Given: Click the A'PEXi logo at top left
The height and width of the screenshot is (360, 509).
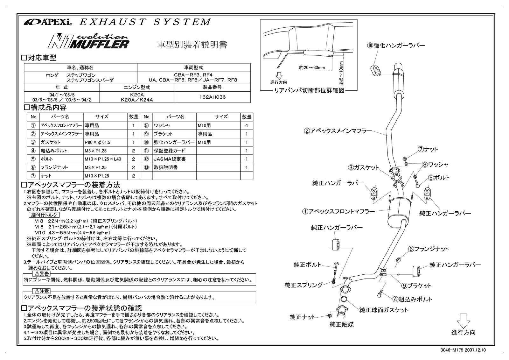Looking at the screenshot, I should (x=48, y=22).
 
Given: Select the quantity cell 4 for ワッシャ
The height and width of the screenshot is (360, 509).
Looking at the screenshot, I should (x=247, y=125).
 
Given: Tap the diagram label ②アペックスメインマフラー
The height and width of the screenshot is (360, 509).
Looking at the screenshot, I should (x=338, y=131).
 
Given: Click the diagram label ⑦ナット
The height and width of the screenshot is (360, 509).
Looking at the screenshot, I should (x=428, y=149).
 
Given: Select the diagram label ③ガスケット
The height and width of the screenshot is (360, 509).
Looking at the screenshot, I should (x=363, y=167).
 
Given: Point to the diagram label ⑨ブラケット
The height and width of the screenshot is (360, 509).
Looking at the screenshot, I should (x=416, y=286).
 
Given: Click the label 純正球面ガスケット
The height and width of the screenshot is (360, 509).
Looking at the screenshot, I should (x=384, y=310).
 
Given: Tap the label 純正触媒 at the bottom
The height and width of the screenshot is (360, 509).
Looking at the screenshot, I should (x=342, y=324).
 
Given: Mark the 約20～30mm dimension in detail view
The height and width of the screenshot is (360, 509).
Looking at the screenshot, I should (x=312, y=67).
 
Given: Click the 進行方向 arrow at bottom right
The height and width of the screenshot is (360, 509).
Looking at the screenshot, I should (x=463, y=321).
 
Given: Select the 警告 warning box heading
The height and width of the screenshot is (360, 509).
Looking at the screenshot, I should (x=41, y=274).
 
